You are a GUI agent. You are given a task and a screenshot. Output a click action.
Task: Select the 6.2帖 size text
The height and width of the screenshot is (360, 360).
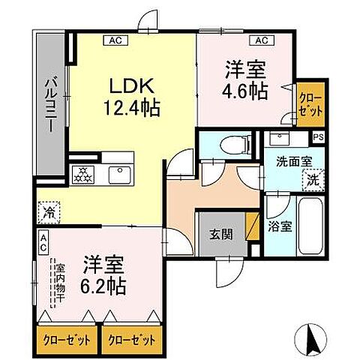(x=103, y=286)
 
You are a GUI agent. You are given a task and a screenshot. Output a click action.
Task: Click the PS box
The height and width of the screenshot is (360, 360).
(x=318, y=137)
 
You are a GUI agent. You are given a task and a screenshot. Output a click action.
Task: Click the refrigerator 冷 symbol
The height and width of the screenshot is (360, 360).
(x=49, y=212)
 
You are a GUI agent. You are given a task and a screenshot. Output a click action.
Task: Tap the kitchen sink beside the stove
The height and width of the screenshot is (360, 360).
(x=120, y=174)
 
